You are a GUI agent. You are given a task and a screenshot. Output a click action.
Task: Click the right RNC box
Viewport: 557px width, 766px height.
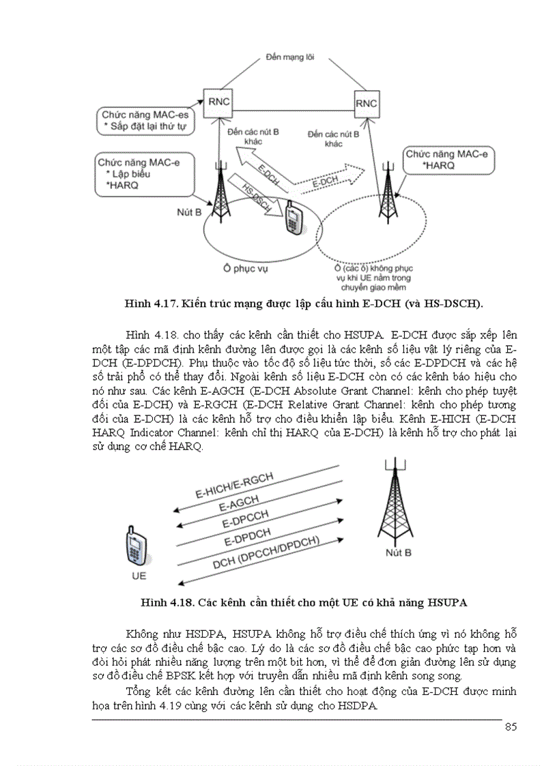(366, 102)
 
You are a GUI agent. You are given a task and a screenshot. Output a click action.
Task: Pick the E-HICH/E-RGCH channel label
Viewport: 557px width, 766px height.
(233, 486)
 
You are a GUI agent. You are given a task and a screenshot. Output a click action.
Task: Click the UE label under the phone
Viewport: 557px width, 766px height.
(139, 576)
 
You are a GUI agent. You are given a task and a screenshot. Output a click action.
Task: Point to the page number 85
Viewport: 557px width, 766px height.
(510, 726)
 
